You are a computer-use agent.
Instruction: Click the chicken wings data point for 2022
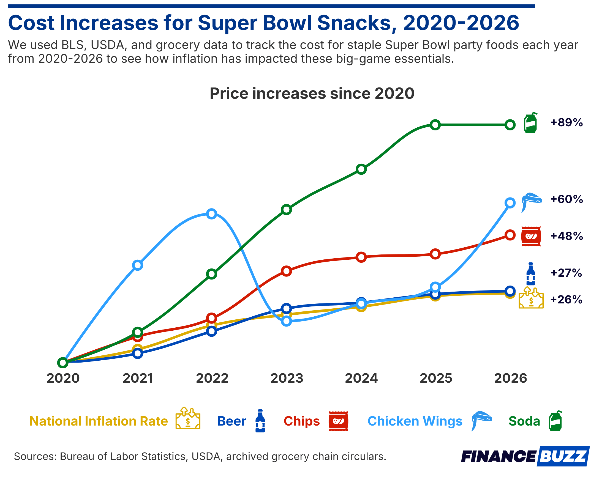[212, 214]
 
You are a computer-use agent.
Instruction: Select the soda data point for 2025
[435, 125]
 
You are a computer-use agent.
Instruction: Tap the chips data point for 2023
[287, 271]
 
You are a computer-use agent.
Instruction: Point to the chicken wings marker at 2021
[138, 265]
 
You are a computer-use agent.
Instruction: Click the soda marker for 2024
[361, 169]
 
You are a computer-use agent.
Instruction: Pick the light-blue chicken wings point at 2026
[510, 203]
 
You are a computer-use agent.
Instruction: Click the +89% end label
[566, 122]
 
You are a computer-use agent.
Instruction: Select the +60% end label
[566, 199]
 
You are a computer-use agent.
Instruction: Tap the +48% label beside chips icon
[566, 236]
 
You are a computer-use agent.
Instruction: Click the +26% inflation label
[566, 300]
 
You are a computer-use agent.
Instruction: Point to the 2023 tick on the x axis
[287, 379]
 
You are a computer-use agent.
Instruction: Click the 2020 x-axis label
[63, 379]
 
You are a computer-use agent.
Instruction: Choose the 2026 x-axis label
[510, 379]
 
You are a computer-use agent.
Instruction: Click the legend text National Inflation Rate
[99, 421]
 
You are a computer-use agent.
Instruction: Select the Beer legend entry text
[231, 421]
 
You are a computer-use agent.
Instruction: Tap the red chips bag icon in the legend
[338, 421]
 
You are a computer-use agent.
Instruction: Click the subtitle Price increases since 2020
[312, 94]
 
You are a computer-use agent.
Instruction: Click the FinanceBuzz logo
[525, 456]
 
